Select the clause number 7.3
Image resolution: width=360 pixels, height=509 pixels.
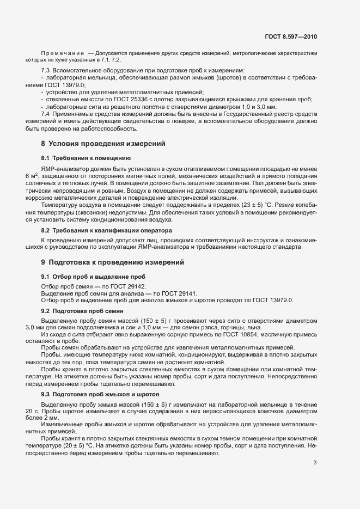click(x=46, y=71)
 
